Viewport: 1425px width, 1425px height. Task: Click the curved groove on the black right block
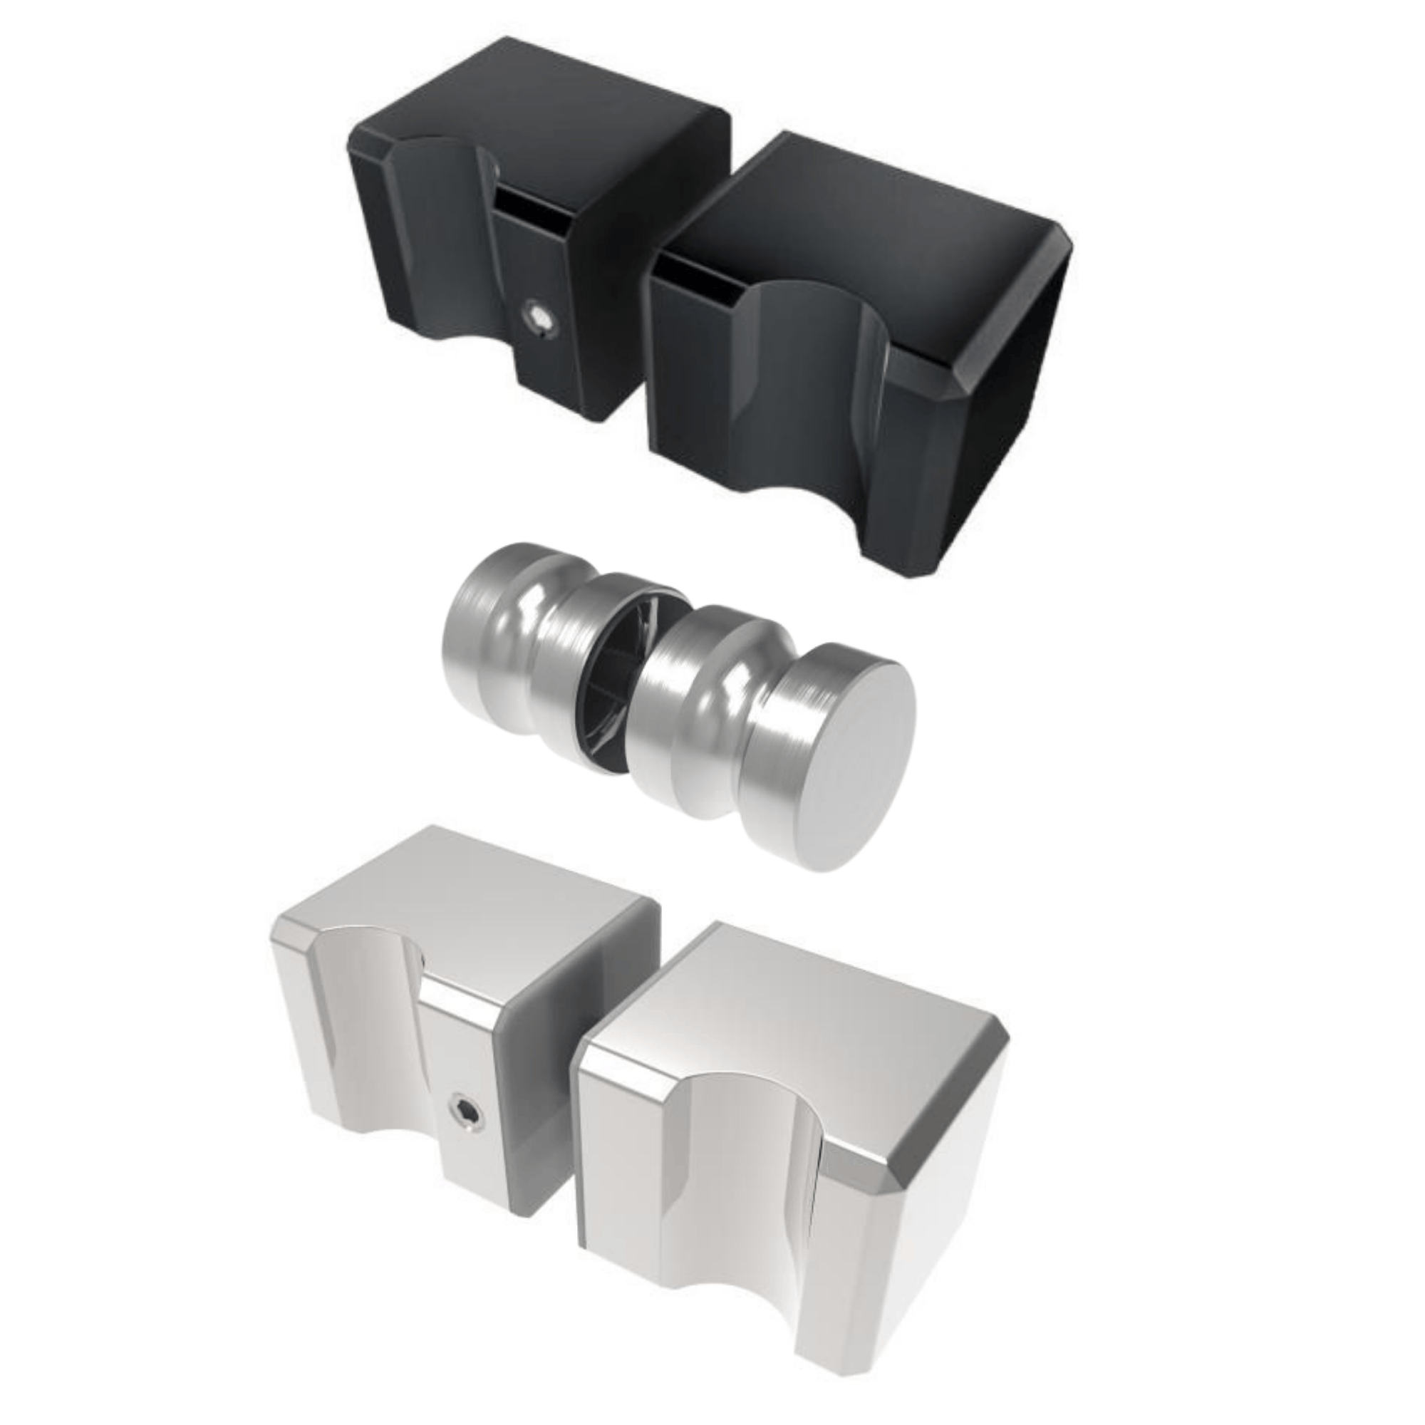pos(812,383)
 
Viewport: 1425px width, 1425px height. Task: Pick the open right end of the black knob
pos(1018,332)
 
